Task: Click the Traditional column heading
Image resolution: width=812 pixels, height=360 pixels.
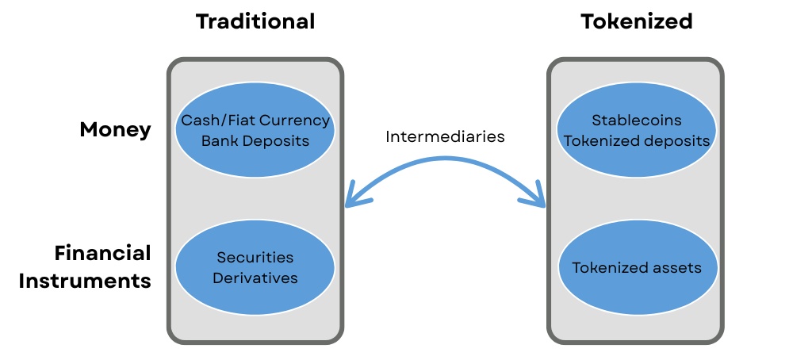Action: point(255,21)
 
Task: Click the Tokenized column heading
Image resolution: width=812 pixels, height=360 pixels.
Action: point(636,21)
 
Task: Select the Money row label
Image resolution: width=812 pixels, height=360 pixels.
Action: point(115,130)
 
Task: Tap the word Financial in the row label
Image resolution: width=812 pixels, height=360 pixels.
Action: point(102,253)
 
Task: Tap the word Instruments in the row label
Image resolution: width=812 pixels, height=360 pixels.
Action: point(85,281)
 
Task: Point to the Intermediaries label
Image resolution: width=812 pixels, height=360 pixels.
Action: point(445,136)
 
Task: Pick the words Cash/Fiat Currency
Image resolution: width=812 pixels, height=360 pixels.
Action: point(255,121)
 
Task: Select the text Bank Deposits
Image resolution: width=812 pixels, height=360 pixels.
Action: point(255,140)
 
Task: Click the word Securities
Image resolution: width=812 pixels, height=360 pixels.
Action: point(255,258)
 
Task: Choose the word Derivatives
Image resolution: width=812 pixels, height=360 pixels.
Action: point(255,278)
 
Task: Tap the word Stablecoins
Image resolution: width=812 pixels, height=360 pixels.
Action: point(636,121)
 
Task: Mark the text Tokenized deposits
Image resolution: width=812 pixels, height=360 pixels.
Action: point(636,140)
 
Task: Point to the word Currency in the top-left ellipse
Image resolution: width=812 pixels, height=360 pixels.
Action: point(297,121)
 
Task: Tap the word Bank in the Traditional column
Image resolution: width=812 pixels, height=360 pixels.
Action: point(218,140)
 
